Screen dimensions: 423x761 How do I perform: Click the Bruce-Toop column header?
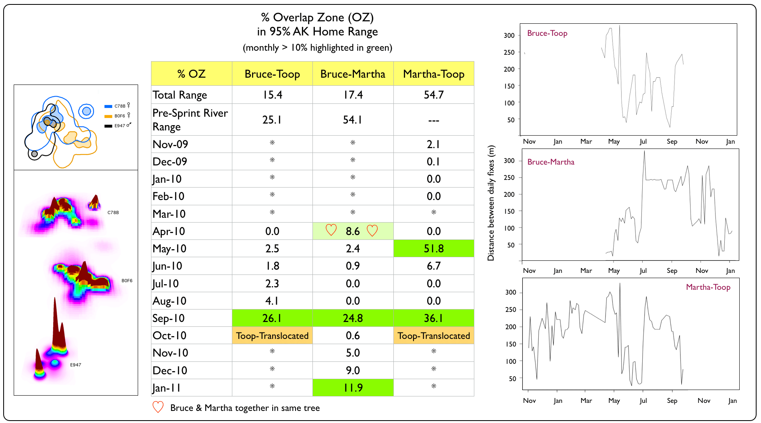[272, 74]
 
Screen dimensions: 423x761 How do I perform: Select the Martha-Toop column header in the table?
[434, 74]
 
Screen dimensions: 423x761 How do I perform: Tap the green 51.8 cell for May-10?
[434, 249]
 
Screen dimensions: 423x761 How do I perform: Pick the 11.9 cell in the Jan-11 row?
[353, 388]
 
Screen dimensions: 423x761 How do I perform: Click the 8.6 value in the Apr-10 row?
[353, 231]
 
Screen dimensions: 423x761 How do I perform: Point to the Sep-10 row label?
[169, 318]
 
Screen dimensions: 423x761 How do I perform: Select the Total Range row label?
[180, 95]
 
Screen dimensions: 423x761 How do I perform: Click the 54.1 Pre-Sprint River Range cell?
[353, 120]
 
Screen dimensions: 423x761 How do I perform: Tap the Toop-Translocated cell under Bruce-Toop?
[272, 336]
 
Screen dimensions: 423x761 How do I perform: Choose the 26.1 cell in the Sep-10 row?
[272, 318]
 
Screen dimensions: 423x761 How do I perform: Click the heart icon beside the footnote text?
[158, 407]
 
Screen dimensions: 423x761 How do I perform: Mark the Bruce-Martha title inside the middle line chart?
[551, 162]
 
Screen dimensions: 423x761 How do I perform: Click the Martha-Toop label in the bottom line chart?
[708, 287]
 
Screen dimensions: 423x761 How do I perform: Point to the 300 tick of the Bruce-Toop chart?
[509, 35]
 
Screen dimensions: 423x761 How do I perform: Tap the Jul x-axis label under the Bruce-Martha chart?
[643, 271]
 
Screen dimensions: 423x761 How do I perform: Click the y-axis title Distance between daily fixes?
[491, 203]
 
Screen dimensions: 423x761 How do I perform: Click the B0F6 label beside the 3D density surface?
[127, 281]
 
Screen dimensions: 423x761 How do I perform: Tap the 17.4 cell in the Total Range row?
[353, 95]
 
